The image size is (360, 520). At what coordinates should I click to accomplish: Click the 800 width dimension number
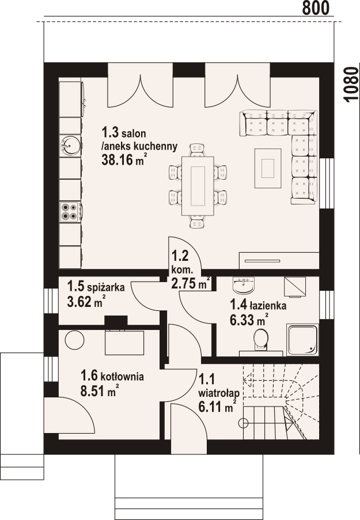click(x=316, y=7)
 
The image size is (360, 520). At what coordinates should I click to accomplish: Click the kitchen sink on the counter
click(x=70, y=146)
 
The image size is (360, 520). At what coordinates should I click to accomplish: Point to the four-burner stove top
click(x=69, y=212)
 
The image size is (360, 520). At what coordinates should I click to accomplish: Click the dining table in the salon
click(x=198, y=185)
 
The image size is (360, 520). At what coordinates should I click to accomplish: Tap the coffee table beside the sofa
click(x=268, y=168)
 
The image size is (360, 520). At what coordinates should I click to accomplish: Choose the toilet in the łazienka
click(x=261, y=340)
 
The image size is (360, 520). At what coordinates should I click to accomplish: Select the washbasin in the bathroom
click(x=244, y=285)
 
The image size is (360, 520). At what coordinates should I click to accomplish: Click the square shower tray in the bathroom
click(x=303, y=340)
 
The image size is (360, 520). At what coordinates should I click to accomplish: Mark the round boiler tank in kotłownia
click(x=74, y=340)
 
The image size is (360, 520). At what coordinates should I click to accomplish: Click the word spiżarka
click(x=105, y=287)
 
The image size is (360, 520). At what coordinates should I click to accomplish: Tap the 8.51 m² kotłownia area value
click(x=100, y=390)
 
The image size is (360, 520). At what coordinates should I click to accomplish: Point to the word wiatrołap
click(x=219, y=393)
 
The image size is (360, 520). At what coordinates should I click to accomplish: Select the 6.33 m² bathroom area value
click(x=249, y=320)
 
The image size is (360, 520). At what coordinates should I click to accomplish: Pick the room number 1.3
click(x=110, y=133)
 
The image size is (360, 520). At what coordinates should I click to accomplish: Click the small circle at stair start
click(x=244, y=423)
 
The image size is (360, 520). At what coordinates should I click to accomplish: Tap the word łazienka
click(x=268, y=305)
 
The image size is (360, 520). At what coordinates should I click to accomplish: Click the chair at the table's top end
click(x=197, y=150)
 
